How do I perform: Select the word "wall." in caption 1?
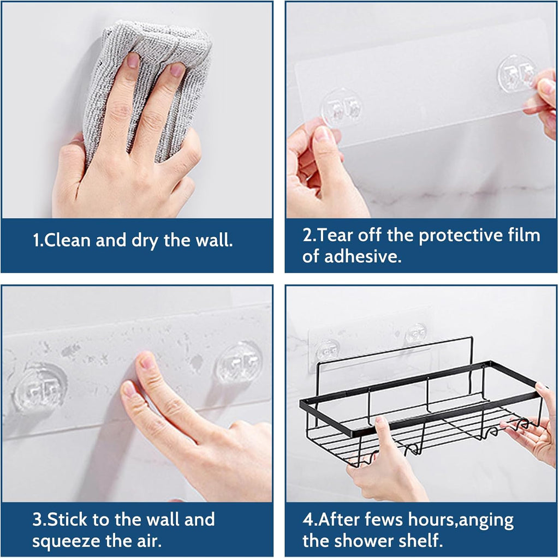213,241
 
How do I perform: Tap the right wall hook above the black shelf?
416,333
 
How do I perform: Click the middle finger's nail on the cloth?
177,70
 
